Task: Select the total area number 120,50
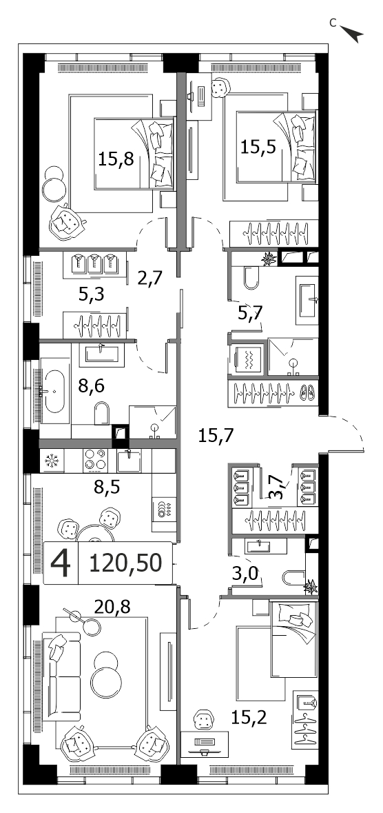[x=125, y=563]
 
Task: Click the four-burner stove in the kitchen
[x=94, y=461]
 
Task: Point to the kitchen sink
[x=129, y=460]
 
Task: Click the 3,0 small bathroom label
[x=245, y=574]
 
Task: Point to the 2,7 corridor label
[x=149, y=278]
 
